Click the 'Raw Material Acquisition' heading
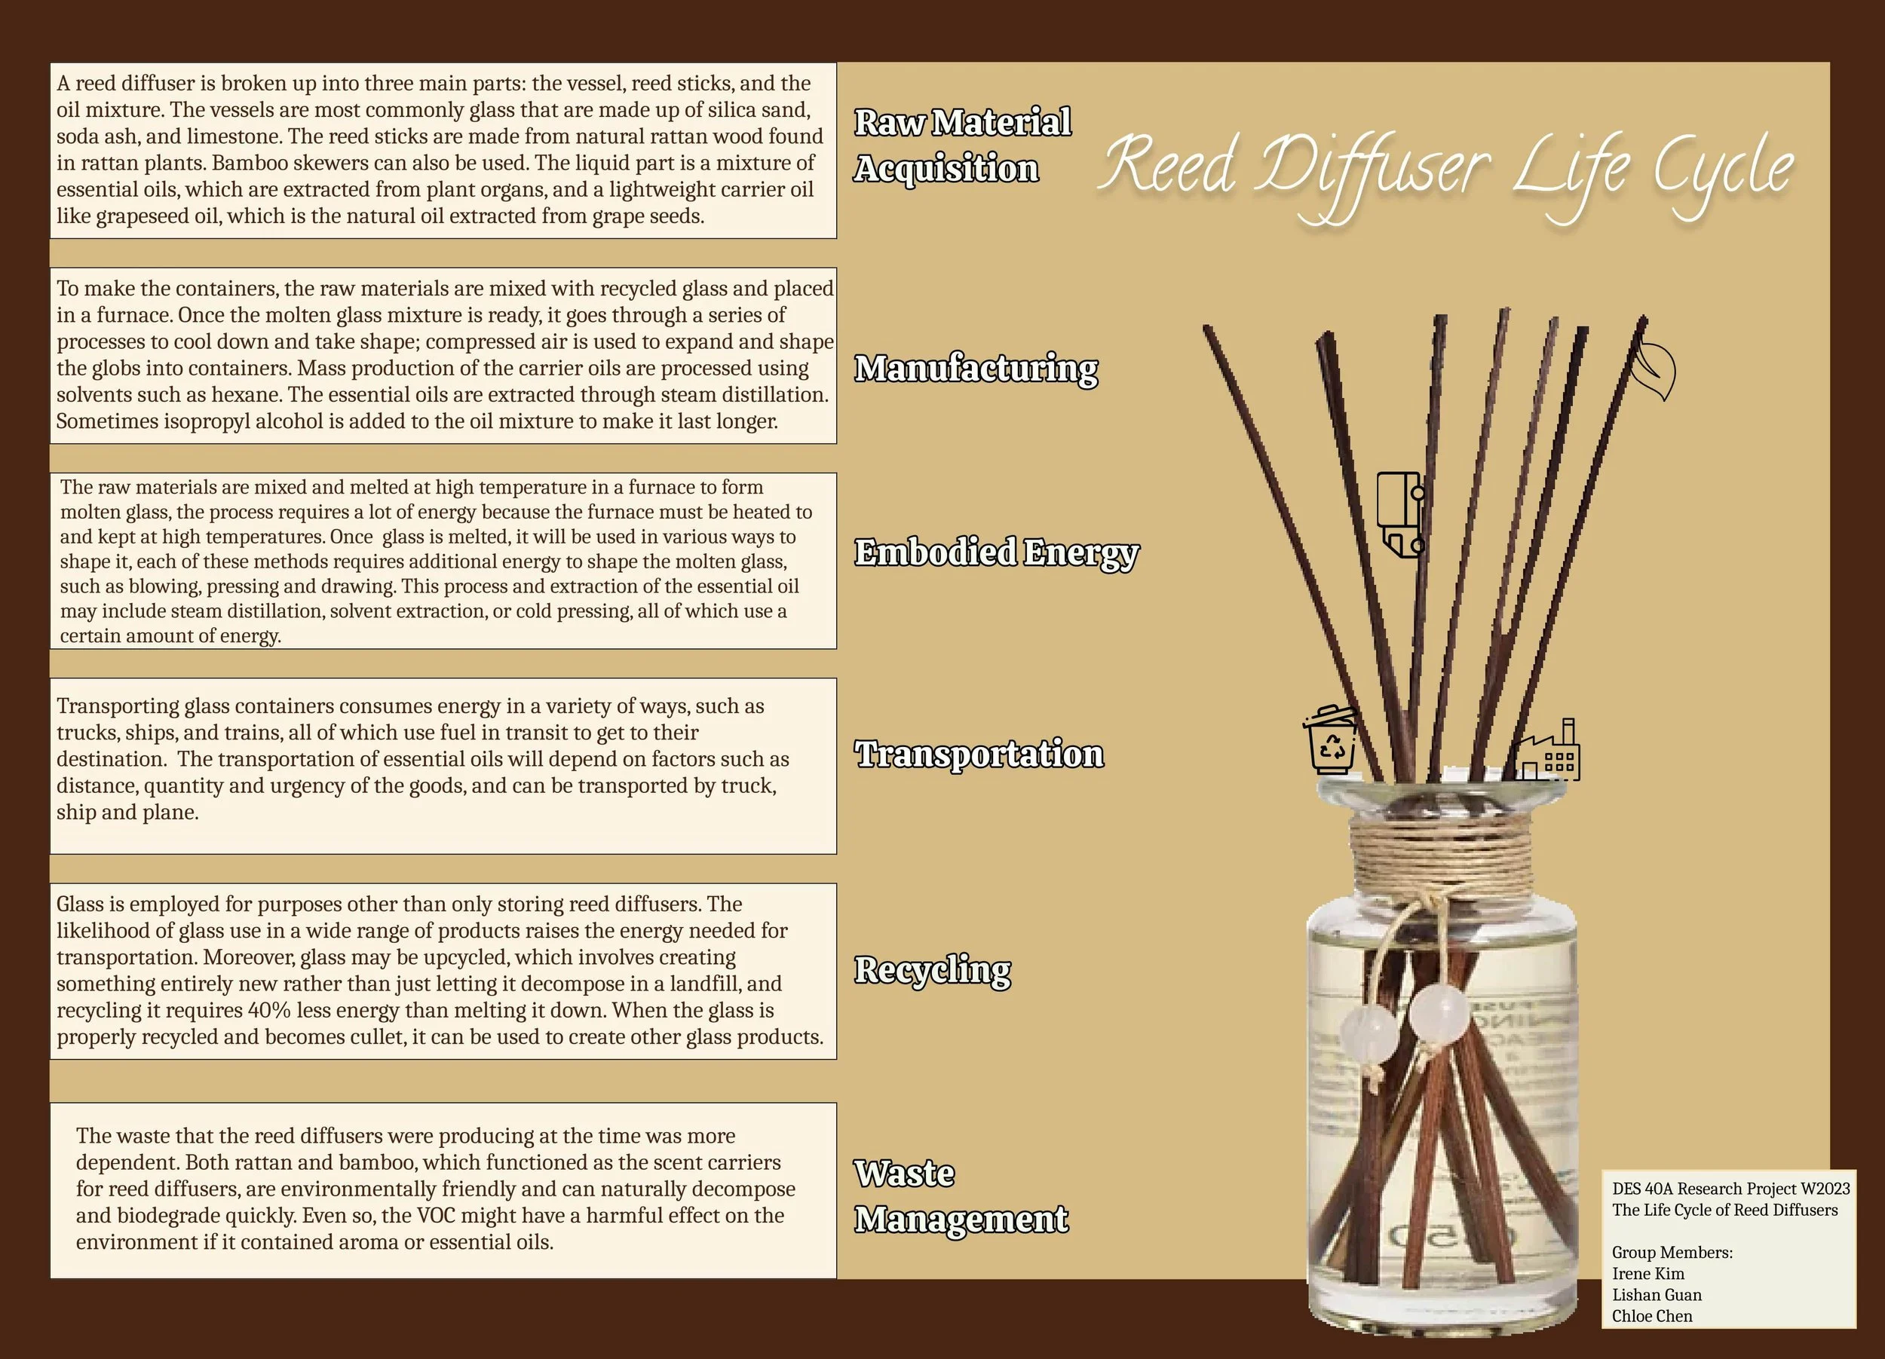tap(961, 145)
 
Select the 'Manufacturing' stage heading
tap(976, 368)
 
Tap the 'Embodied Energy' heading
tap(996, 552)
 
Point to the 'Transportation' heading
tap(978, 754)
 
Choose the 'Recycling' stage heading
tap(933, 969)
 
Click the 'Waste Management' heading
tap(960, 1196)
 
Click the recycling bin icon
tap(1331, 739)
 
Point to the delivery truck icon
tap(1400, 515)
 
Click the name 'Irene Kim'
tap(1647, 1273)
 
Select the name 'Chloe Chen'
tap(1651, 1316)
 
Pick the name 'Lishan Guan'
tap(1657, 1295)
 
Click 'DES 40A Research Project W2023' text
tap(1730, 1189)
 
